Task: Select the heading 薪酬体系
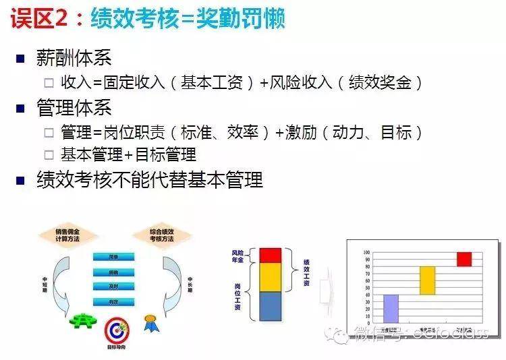click(74, 58)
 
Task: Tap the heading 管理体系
click(74, 108)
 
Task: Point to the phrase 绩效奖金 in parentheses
click(381, 82)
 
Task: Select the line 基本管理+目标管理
click(128, 154)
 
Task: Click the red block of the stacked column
click(270, 255)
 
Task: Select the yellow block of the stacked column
click(270, 276)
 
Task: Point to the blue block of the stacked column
click(270, 305)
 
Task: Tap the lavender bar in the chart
click(391, 308)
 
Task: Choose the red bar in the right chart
click(464, 259)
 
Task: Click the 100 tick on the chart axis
click(366, 252)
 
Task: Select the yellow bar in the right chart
click(428, 280)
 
